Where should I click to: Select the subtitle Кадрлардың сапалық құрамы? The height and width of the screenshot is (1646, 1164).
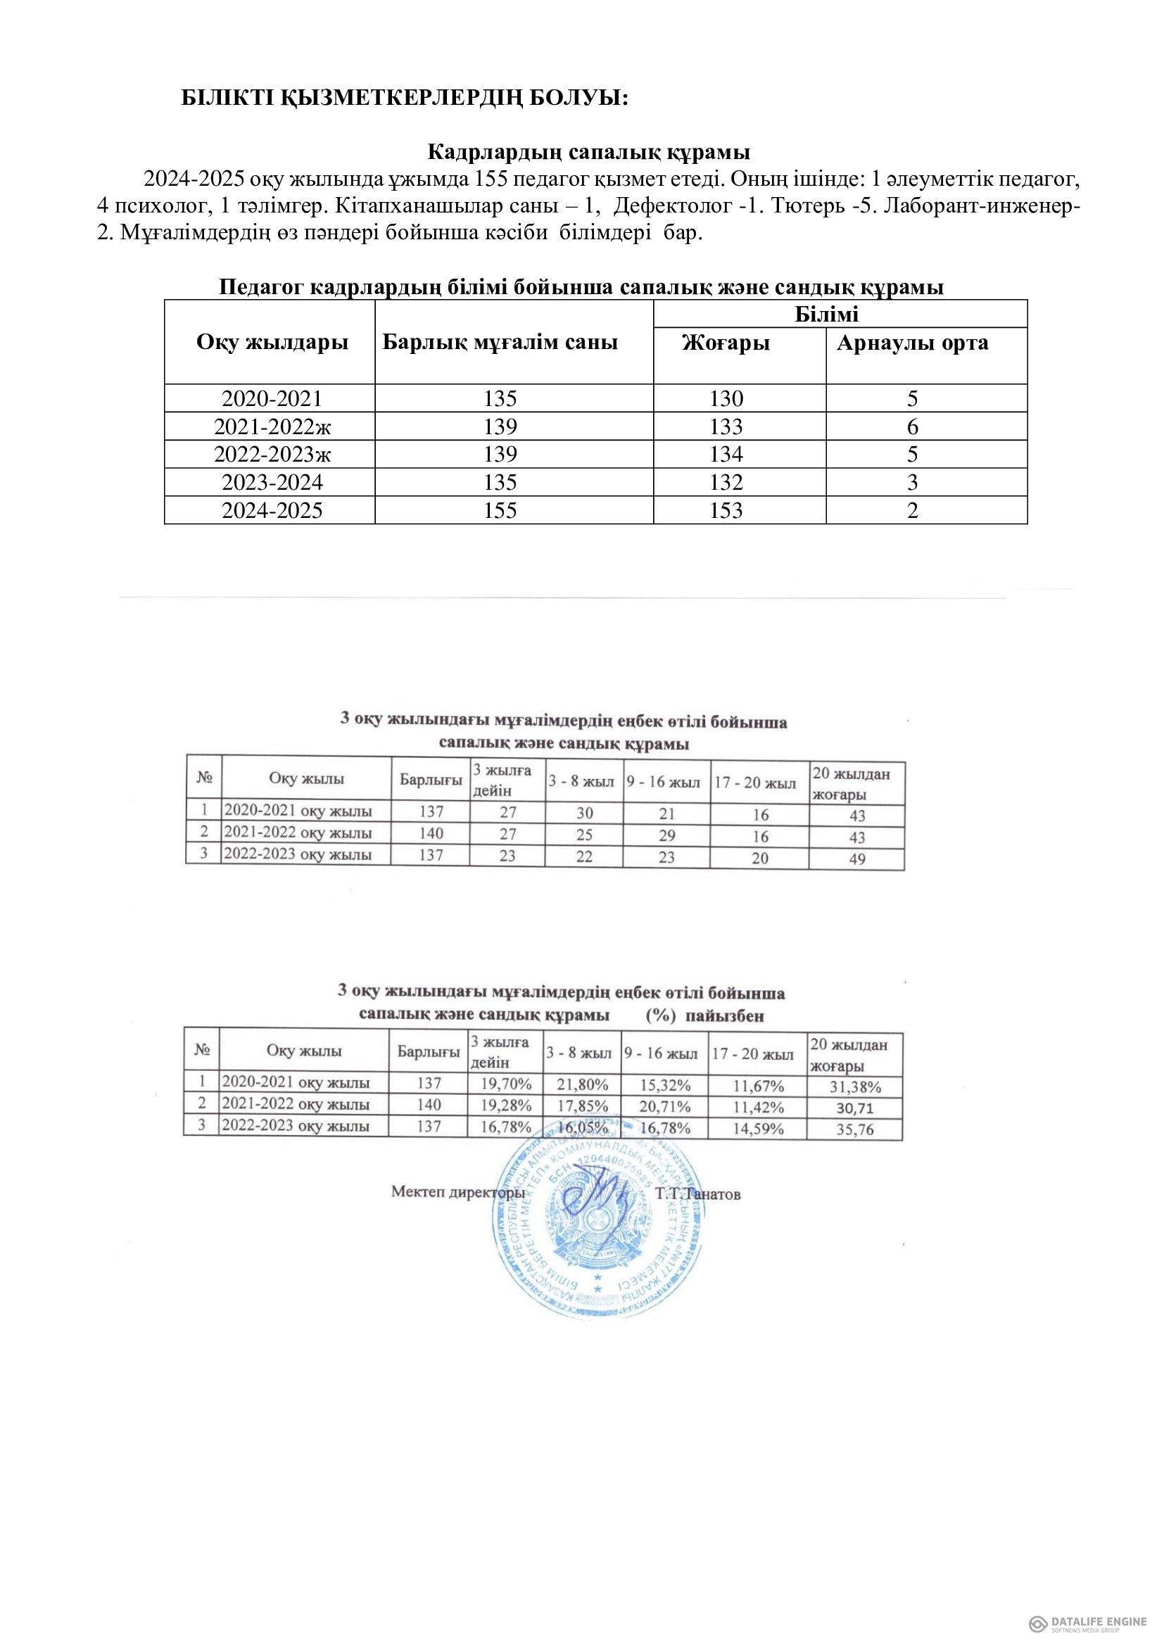(x=588, y=152)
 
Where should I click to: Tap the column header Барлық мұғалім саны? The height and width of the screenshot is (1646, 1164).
(x=500, y=342)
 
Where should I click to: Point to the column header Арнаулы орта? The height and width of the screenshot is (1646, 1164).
(x=913, y=343)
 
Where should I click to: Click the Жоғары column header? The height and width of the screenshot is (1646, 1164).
(x=726, y=343)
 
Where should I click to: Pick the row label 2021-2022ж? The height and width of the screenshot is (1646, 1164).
(x=270, y=426)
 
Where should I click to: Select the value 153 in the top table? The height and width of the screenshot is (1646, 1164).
(x=726, y=510)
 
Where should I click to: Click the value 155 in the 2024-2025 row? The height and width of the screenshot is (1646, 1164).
(x=500, y=510)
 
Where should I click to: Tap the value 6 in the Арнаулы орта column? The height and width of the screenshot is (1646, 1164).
(x=913, y=426)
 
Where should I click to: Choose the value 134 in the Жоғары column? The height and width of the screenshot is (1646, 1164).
(x=726, y=455)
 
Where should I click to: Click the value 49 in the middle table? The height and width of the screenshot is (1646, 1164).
(x=856, y=859)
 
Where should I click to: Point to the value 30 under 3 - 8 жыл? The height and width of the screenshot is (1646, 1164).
(x=585, y=813)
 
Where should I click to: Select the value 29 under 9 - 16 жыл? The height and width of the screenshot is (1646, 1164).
(x=666, y=835)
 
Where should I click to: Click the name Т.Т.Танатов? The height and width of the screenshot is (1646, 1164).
(x=697, y=1194)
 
